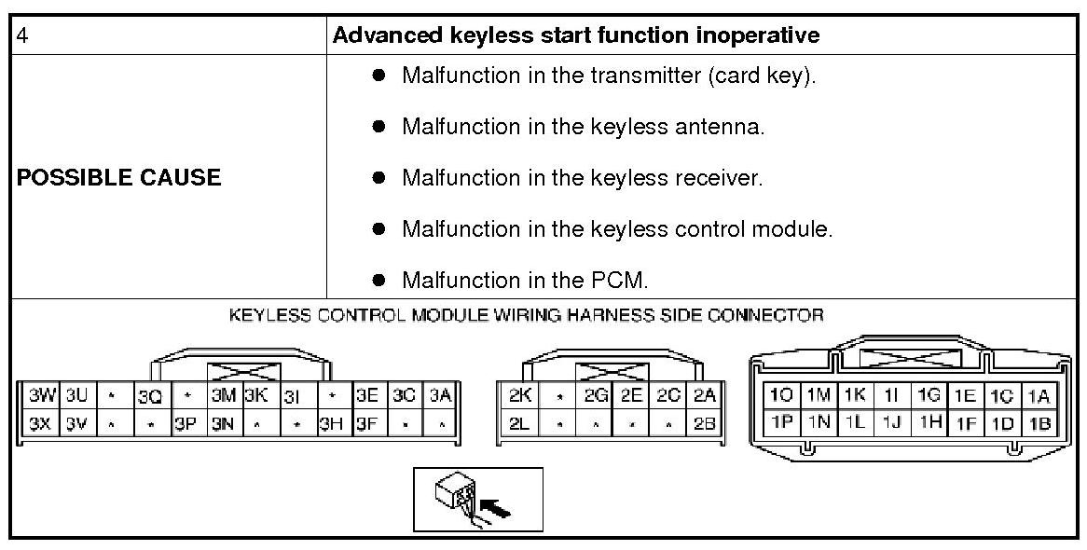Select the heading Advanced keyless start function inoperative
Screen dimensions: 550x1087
tap(576, 35)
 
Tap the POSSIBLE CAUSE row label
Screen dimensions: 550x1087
tap(119, 177)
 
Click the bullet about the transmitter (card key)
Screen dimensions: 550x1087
tap(608, 76)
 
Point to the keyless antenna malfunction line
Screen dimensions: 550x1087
tap(583, 127)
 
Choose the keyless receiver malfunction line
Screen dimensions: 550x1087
tap(582, 177)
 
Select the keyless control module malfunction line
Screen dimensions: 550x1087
tap(616, 228)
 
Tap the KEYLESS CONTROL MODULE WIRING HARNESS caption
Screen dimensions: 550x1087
tap(526, 315)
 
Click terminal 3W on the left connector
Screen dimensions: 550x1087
tap(39, 394)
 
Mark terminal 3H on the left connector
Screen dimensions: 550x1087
tap(331, 422)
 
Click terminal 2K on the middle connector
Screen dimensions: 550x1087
tap(520, 394)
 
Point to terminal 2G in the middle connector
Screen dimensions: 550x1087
tap(596, 394)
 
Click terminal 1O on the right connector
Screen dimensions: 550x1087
tap(780, 394)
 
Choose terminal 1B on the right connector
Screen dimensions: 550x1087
tap(1039, 422)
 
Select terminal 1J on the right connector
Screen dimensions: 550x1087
tap(890, 422)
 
